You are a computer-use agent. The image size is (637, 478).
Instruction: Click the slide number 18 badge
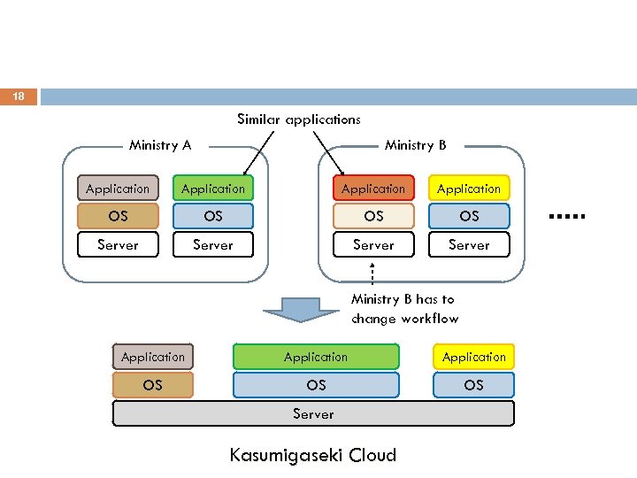19,96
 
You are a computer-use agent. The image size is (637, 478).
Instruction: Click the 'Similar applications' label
298,119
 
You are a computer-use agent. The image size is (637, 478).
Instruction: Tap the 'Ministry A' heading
160,145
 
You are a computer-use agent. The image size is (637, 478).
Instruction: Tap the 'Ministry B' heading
415,145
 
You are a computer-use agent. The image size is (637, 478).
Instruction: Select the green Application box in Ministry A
213,189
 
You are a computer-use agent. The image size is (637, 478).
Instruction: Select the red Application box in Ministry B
373,189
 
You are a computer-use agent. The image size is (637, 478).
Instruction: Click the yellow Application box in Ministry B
469,189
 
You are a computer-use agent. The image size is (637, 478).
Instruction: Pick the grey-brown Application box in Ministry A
118,189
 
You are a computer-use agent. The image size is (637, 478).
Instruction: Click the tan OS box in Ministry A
118,216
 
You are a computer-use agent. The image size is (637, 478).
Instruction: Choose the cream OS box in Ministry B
373,216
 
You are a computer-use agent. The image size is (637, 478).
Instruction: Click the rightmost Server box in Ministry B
469,244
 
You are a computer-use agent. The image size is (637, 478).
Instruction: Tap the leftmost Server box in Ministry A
118,244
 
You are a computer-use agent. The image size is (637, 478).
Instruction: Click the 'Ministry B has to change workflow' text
404,309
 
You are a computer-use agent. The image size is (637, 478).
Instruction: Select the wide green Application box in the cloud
316,357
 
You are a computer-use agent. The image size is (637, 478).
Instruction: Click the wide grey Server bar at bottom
313,413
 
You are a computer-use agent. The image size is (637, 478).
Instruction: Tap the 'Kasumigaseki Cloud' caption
312,456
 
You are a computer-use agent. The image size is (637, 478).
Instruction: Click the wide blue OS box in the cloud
316,385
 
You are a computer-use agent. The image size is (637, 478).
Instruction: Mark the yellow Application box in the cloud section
473,357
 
